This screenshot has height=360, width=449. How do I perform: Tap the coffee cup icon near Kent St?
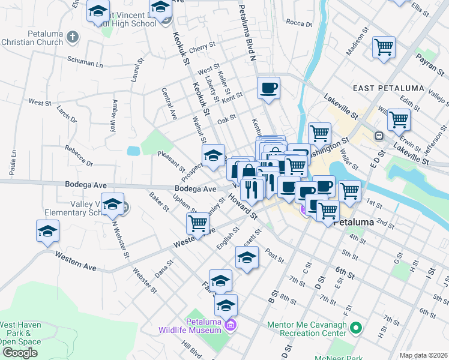click(268, 88)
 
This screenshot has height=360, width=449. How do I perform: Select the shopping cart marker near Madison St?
click(384, 47)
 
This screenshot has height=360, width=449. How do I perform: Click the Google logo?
click(20, 353)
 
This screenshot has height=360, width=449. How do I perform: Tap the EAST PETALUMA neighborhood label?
click(381, 88)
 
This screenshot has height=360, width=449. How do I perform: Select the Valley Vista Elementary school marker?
click(112, 204)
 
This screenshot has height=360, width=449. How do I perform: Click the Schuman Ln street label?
click(85, 62)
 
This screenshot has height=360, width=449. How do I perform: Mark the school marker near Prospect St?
click(213, 156)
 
